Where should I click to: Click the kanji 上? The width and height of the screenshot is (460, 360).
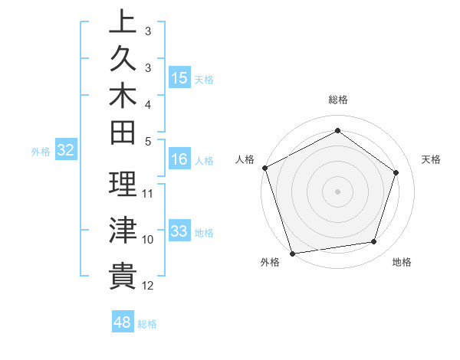[123, 21]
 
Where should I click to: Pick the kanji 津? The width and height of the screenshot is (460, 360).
[123, 229]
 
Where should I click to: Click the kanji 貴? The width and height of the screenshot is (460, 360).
[123, 275]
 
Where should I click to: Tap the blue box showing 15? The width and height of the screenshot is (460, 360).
[179, 78]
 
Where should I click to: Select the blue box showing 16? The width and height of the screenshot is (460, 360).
[179, 160]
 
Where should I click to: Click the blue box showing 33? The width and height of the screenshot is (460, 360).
[179, 231]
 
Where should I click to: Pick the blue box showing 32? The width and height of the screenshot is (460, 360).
[66, 151]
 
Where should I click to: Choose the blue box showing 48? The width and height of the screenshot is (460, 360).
[122, 322]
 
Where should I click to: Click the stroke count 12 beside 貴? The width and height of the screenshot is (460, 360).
[148, 286]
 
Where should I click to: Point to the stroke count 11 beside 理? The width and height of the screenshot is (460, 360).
[148, 192]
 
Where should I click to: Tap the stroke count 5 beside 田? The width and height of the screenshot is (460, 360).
[148, 141]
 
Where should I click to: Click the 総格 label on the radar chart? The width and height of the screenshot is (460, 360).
[337, 100]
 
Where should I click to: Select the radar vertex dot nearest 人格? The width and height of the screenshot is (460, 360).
[264, 168]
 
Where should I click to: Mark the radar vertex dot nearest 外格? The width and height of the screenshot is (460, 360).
[292, 254]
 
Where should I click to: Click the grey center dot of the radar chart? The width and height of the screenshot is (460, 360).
[337, 191]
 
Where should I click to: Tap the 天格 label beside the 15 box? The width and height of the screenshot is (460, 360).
[204, 80]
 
